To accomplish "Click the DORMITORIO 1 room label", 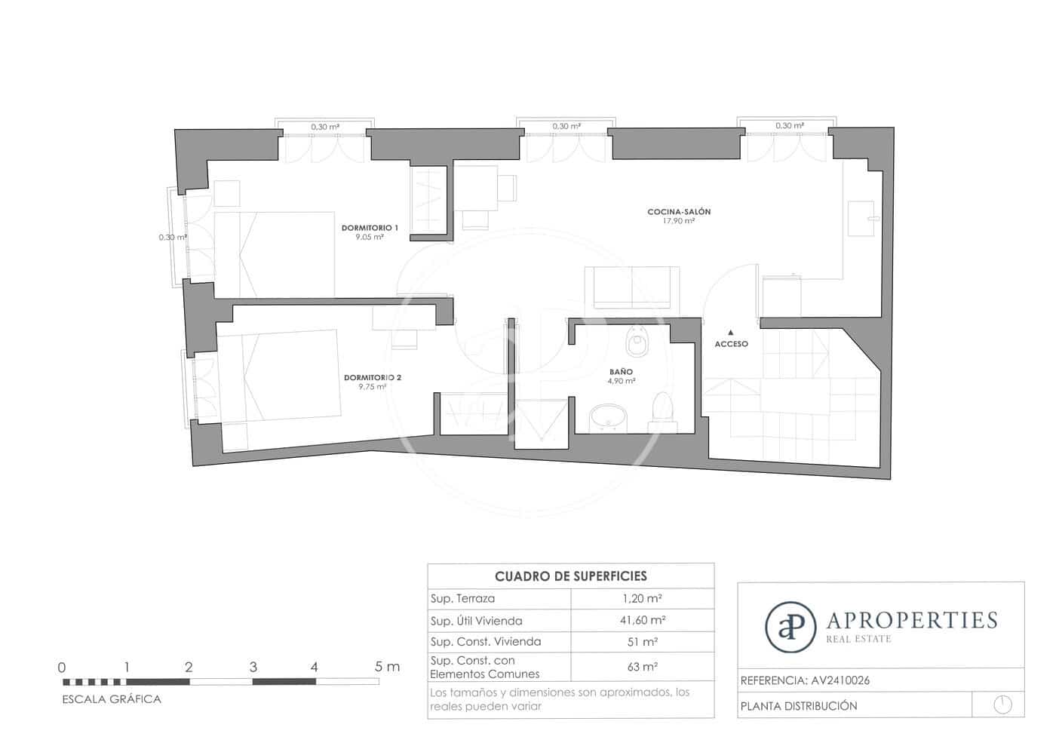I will (x=370, y=227).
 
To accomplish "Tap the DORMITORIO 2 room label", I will (x=372, y=377).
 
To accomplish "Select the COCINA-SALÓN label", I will (x=679, y=212).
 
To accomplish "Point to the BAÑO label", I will (x=622, y=372).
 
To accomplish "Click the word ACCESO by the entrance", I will (x=732, y=344).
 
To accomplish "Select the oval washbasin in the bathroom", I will (x=609, y=417).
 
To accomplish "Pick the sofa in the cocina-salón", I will (x=632, y=287).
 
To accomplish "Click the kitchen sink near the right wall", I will (x=861, y=219).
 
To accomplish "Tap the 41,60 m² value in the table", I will (x=642, y=620).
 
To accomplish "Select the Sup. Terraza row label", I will (x=462, y=598).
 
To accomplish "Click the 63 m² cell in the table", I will (x=642, y=667).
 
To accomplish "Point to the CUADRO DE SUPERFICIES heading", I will (x=570, y=576).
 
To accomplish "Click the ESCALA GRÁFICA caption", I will (x=112, y=699).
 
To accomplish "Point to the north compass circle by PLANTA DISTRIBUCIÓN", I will (x=1002, y=705).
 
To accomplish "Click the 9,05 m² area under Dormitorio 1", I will (x=370, y=237).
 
